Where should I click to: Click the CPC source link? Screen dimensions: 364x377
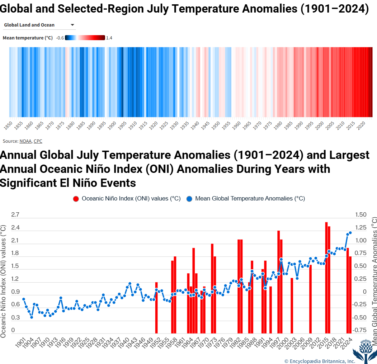pyautogui.click(x=38, y=141)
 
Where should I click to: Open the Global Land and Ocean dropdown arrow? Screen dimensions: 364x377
pyautogui.click(x=72, y=25)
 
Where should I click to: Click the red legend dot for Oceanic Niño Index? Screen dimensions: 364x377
pyautogui.click(x=76, y=199)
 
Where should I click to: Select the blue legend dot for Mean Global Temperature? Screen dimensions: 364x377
pyautogui.click(x=189, y=199)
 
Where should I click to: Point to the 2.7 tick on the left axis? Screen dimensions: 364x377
pyautogui.click(x=15, y=215)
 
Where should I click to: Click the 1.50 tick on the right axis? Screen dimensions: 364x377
pyautogui.click(x=360, y=215)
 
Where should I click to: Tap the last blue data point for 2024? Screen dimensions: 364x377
pyautogui.click(x=350, y=233)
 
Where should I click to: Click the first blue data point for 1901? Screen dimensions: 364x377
pyautogui.click(x=24, y=299)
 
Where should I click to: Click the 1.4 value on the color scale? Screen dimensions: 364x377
pyautogui.click(x=109, y=38)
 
